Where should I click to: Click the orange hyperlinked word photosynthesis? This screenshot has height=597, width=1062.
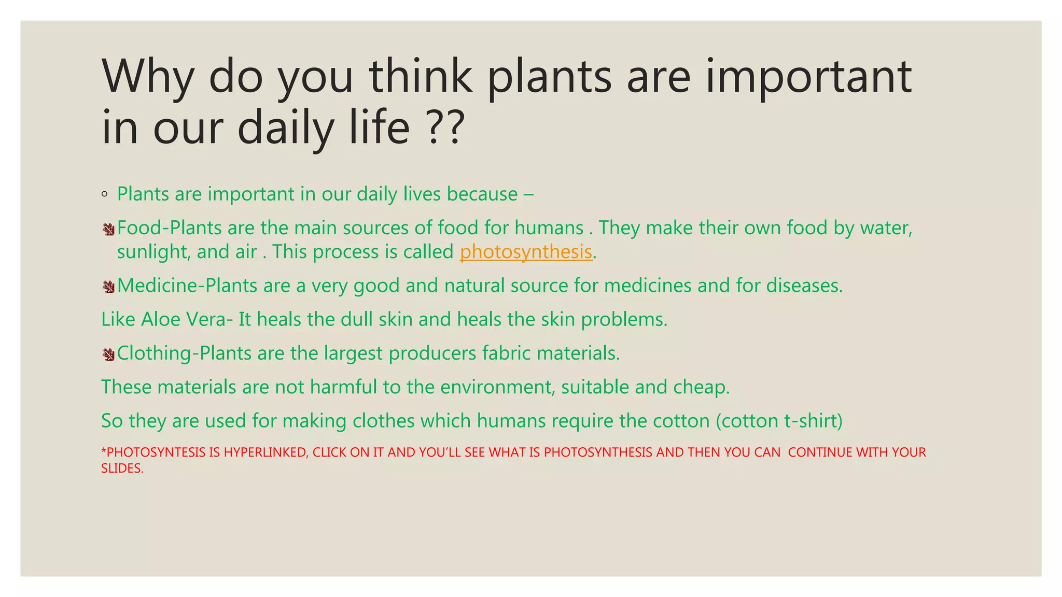[x=526, y=252]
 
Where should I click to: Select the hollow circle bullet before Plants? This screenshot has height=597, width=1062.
[x=105, y=195]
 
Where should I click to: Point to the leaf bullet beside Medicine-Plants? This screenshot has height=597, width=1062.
[x=108, y=287]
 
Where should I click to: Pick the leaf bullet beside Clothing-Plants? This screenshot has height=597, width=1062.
[x=108, y=354]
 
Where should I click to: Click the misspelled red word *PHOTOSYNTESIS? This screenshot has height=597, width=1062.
[x=153, y=452]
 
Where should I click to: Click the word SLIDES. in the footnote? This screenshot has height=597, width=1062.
[x=122, y=468]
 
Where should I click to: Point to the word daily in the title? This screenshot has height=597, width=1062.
[x=286, y=127]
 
